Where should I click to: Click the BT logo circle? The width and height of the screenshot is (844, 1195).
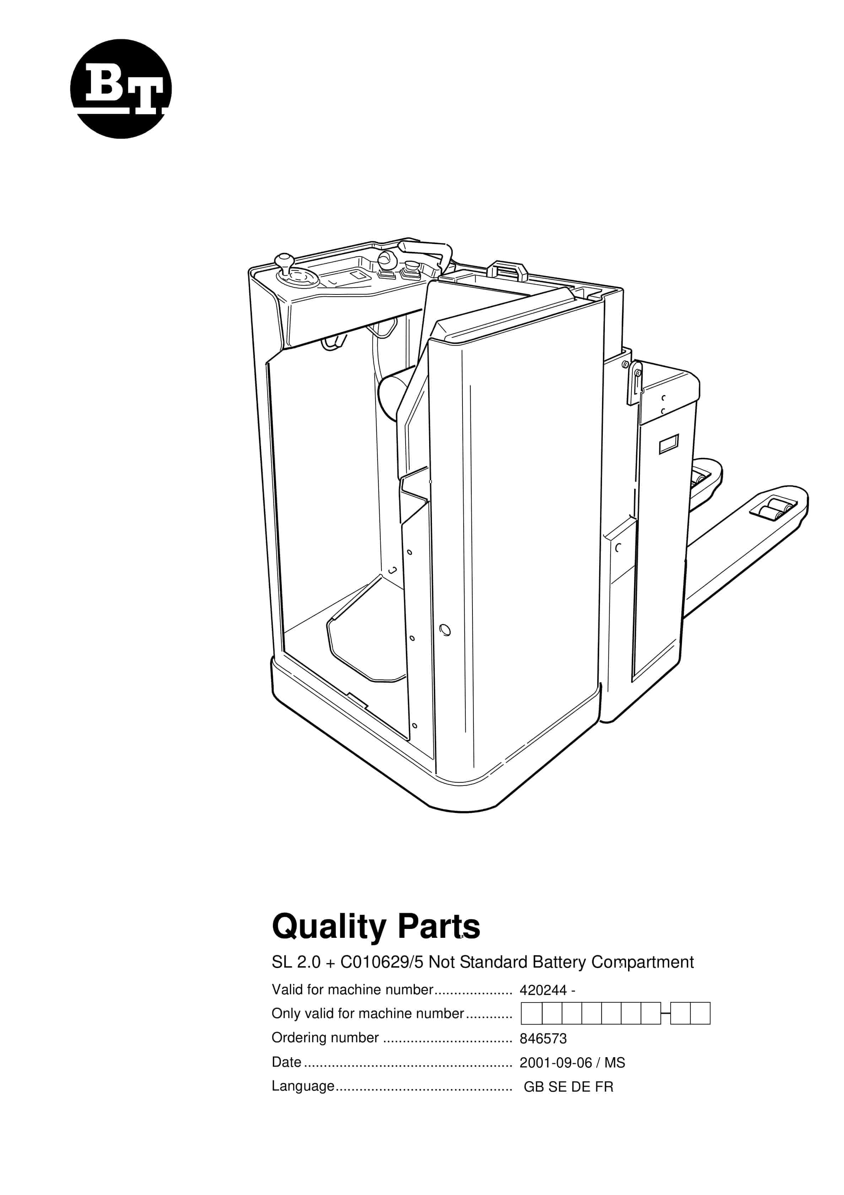point(121,88)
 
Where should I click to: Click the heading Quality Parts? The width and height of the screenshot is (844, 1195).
point(376,926)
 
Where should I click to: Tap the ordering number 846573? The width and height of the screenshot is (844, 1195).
point(543,1039)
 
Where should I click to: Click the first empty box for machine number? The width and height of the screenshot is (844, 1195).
point(531,1013)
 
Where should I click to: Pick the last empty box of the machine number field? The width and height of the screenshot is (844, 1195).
point(700,1013)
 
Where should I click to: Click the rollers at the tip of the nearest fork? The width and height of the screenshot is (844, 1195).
point(772,508)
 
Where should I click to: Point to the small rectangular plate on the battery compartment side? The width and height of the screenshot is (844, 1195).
point(669,444)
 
